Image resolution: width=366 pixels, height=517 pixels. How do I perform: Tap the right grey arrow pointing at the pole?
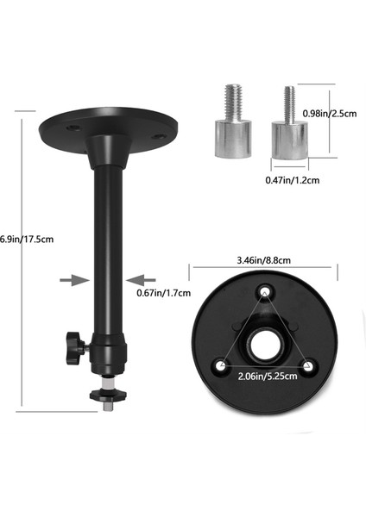142,279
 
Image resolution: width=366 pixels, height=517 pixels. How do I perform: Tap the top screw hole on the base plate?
264,293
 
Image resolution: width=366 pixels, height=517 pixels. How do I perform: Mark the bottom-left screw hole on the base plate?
223,365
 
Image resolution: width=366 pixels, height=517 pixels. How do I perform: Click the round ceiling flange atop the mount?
104,128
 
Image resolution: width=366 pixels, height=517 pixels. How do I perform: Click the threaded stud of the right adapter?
288,101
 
